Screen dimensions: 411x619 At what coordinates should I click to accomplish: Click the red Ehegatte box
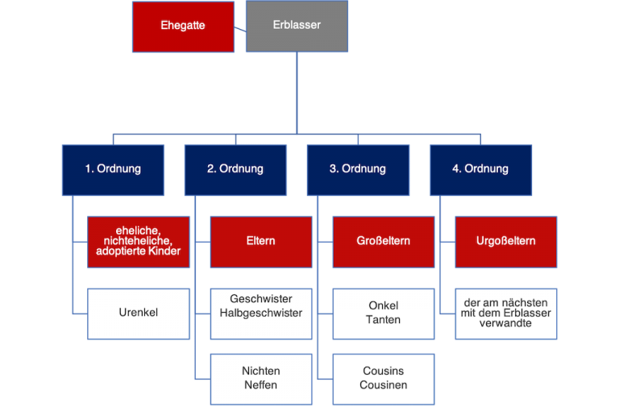[183, 26]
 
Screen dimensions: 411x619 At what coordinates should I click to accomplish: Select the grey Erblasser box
[297, 26]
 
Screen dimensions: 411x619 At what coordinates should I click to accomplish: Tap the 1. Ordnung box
[113, 169]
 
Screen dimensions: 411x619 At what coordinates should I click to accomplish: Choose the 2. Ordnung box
[235, 169]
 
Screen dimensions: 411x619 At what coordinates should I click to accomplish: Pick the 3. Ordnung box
[358, 169]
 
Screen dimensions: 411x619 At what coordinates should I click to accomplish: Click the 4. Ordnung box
[480, 169]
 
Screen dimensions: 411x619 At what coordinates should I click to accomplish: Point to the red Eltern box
[260, 241]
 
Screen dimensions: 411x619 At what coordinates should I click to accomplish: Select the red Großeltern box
[383, 241]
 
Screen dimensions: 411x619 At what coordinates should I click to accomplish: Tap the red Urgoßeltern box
[505, 241]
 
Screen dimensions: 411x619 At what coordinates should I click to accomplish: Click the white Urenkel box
[138, 312]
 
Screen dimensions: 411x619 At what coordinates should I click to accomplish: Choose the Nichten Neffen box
[260, 378]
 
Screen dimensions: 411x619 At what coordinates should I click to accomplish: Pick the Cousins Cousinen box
[383, 378]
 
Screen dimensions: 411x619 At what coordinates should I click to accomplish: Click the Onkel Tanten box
[383, 312]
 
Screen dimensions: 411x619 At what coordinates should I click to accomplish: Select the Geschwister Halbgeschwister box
[260, 306]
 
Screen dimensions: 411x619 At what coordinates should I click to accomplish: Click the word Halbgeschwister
[260, 313]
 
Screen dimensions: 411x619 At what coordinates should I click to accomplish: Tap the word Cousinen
[383, 385]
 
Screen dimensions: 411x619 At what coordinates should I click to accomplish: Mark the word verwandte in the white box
[505, 323]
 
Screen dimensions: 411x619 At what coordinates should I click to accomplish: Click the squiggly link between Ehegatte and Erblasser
[239, 28]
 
